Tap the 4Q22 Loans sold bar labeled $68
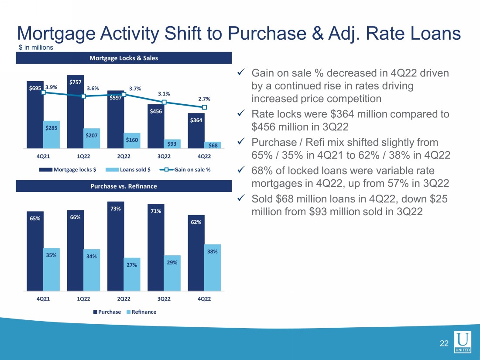(x=213, y=145)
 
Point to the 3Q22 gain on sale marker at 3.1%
(x=164, y=102)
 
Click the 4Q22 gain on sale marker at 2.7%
(x=204, y=107)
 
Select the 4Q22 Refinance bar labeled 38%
(x=213, y=267)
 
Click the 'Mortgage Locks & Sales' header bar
(x=123, y=58)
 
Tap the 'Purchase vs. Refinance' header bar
(x=123, y=186)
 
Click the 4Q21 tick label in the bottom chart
(x=43, y=298)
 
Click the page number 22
(x=444, y=344)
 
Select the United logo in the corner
(x=463, y=343)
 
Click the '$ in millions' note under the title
(x=35, y=48)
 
